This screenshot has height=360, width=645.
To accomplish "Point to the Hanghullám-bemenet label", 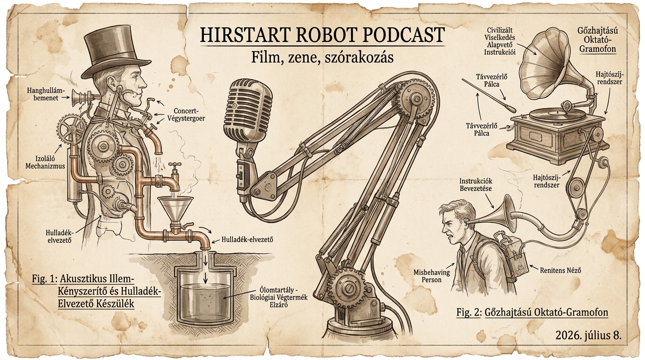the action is [43, 94].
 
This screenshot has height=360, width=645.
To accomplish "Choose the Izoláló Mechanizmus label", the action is [45, 163].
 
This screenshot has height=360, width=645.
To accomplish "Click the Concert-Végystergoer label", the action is [186, 114].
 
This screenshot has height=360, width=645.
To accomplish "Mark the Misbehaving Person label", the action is [431, 276].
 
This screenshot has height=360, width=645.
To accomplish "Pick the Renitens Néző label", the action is [561, 270].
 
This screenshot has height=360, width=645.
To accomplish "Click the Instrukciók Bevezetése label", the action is [476, 185].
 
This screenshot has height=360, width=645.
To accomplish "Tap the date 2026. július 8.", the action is [588, 336].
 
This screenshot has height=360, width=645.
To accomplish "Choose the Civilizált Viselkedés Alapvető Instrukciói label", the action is [500, 41].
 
